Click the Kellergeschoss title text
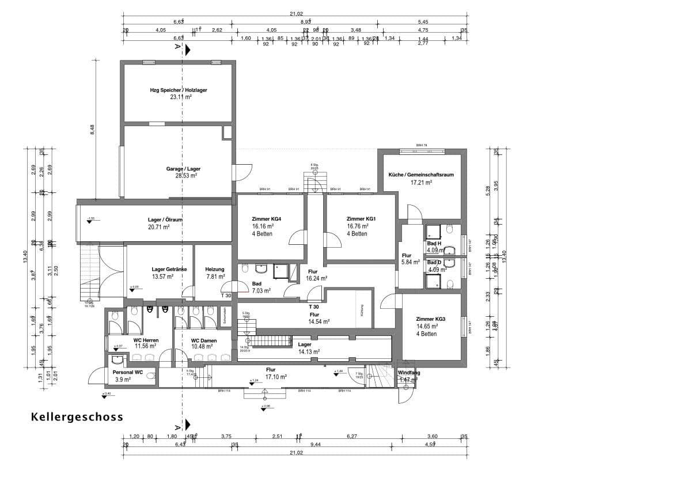pos(77,417)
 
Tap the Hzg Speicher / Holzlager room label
pos(179,90)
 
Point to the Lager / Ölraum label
pos(165,219)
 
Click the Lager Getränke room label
pos(169,269)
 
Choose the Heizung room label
pos(214,269)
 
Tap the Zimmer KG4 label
pos(267,219)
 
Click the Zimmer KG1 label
pos(361,219)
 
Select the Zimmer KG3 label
pos(431,319)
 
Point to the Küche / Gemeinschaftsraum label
pos(420,175)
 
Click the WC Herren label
pos(146,340)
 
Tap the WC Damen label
pos(204,340)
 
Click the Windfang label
pos(409,373)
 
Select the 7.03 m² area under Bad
pos(261,291)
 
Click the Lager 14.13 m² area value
pos(309,351)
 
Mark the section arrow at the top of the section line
pos(187,51)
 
